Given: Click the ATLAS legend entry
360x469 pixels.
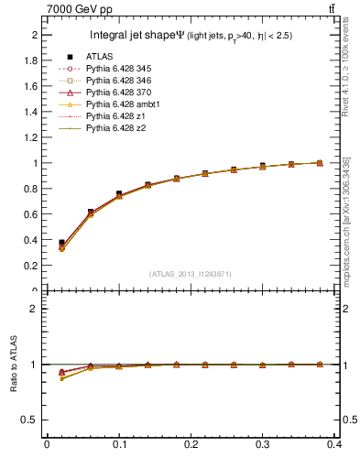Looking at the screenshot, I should click(98, 57).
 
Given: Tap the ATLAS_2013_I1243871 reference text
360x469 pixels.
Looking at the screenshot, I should click(191, 274).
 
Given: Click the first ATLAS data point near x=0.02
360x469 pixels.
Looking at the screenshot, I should click(61, 243).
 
